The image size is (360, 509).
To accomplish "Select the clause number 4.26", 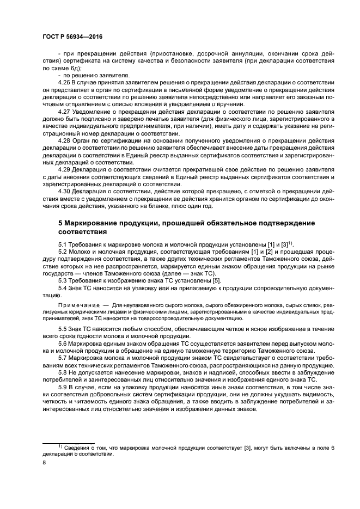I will point(64,82).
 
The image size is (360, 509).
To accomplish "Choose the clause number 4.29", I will point(64,169).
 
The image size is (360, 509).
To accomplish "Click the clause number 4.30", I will point(64,191).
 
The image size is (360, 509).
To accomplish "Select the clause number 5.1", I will point(63,244).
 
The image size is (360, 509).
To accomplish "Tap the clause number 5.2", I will point(63,252).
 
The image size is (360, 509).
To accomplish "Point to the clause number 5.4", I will point(63,287).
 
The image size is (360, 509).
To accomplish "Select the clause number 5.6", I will point(63,344).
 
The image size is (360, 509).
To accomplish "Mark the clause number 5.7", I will point(63,359).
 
